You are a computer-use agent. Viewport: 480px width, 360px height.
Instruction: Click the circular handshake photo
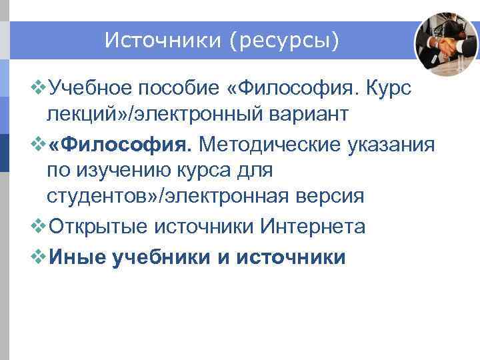446,44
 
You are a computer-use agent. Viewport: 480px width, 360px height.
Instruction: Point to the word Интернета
313,226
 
